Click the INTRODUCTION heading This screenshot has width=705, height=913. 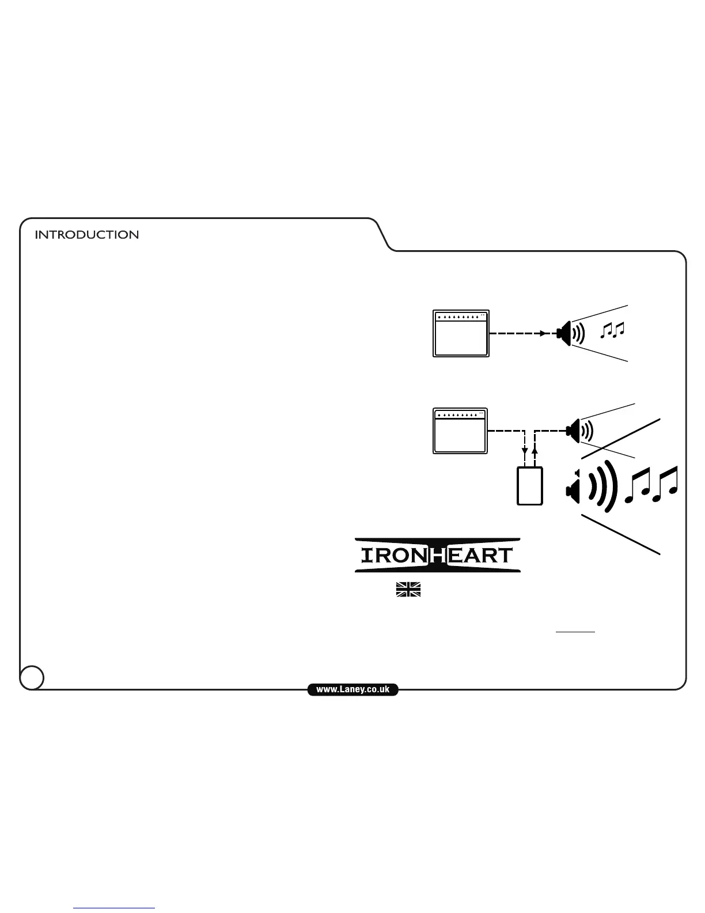[86, 235]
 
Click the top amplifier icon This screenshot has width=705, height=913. [461, 334]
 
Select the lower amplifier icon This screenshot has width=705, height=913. [460, 431]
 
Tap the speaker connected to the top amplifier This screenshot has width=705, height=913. [566, 333]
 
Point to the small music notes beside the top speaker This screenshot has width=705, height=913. [612, 330]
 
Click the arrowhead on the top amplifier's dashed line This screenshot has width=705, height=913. [543, 333]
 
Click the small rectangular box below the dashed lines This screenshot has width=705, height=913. [530, 485]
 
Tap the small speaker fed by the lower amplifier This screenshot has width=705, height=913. [574, 430]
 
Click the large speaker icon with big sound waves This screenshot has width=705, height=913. [573, 491]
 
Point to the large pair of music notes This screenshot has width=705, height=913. [651, 485]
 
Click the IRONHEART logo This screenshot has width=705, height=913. [437, 555]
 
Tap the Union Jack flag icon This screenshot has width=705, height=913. [408, 589]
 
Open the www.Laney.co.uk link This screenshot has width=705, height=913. [352, 689]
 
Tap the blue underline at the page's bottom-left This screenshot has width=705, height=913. [114, 908]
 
